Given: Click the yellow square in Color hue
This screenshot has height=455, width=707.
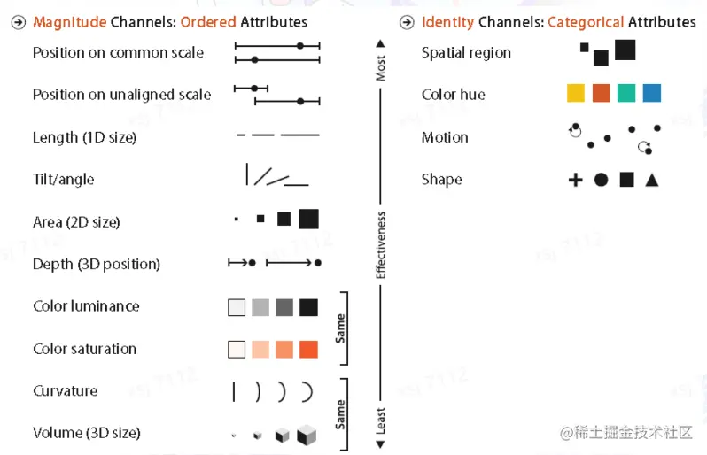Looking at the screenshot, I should pos(576,94).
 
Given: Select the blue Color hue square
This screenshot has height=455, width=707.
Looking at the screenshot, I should pos(651,94).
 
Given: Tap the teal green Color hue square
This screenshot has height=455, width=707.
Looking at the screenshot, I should pos(626,94).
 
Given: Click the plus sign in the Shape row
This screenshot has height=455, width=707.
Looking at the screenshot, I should pos(576,180).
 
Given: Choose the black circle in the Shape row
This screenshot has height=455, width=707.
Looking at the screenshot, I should pos(601,180).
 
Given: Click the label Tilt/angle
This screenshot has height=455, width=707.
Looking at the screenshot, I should pos(63,180).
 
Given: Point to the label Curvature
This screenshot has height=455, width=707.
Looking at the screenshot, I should pos(65,391).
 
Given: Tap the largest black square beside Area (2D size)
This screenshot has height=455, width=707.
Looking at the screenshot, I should pos(308,219).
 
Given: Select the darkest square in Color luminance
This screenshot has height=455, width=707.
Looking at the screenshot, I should pos(308,307).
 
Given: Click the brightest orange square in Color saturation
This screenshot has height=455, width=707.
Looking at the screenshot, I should pos(308,350).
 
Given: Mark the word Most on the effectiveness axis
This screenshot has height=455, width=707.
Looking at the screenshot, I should pos(380,69).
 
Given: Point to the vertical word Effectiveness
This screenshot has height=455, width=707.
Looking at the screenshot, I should pos(381,244).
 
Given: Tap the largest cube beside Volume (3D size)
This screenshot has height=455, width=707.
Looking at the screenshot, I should pos(307,435).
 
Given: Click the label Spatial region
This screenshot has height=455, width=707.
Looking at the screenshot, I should pos(466,53).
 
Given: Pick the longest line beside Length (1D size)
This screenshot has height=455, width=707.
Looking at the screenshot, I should pos(299,136).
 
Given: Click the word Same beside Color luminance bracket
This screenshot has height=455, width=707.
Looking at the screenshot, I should pos(340,328).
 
